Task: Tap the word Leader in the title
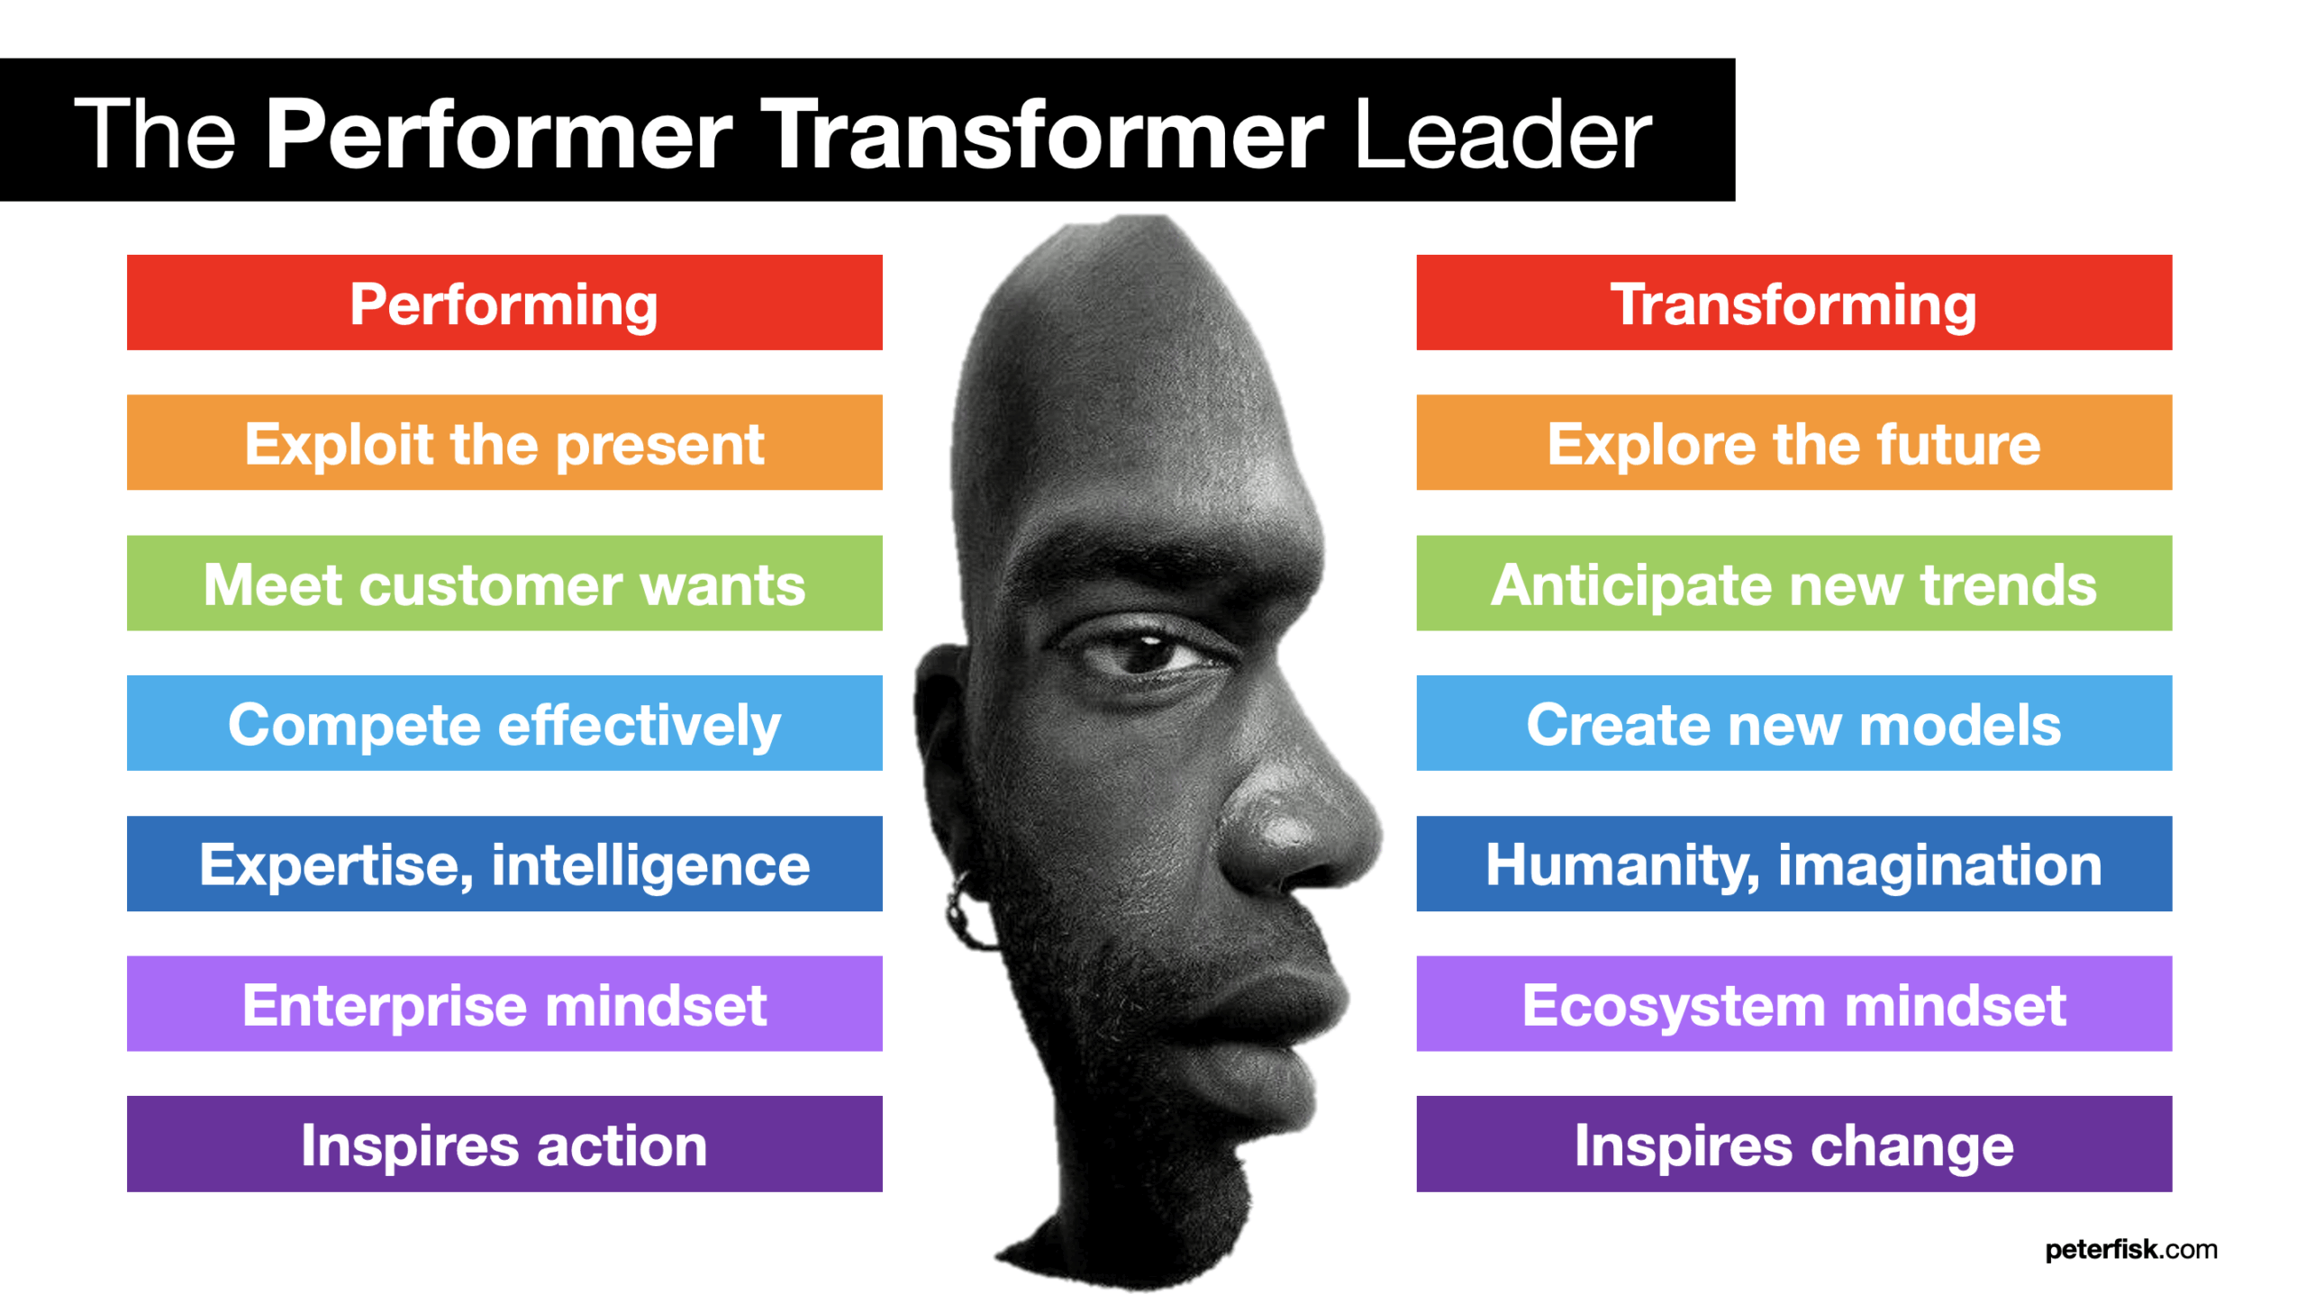click(1502, 135)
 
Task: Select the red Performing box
click(504, 303)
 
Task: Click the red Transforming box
click(1793, 303)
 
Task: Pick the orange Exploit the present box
click(504, 442)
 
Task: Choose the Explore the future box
click(1793, 442)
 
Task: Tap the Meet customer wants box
click(504, 583)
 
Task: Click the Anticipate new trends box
click(1793, 583)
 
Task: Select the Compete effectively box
click(504, 723)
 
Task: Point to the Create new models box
click(1793, 723)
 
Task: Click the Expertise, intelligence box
click(504, 864)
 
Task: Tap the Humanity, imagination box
click(1793, 864)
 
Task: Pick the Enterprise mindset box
click(504, 1003)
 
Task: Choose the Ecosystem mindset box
click(1793, 1003)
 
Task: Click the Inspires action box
click(504, 1144)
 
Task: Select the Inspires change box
click(1793, 1144)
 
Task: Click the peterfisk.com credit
click(2130, 1250)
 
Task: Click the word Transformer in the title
click(1043, 135)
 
